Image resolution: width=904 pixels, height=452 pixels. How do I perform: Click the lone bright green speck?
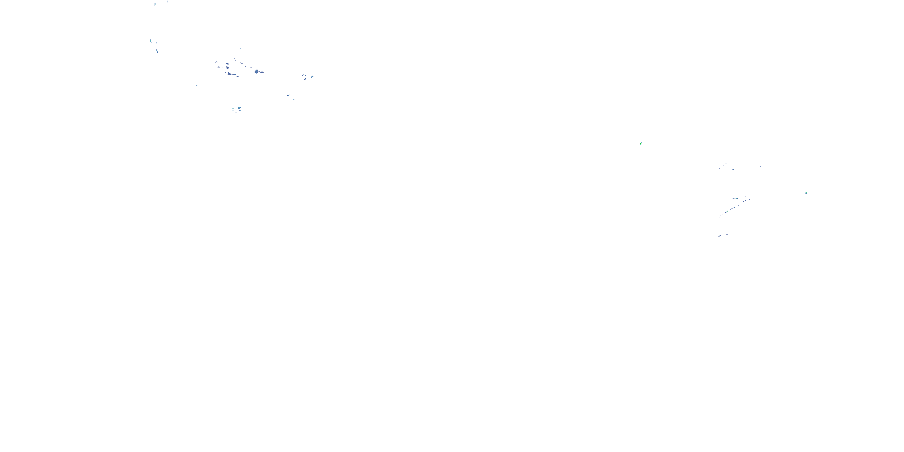click(641, 143)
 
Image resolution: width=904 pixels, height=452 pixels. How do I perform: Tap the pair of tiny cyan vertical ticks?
click(806, 192)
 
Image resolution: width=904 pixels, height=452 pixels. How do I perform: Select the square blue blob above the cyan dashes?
click(239, 108)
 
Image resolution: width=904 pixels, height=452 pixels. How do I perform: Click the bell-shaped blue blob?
click(256, 72)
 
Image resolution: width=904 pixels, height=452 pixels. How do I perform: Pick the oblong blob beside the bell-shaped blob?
click(262, 72)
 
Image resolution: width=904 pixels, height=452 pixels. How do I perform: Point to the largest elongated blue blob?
click(230, 74)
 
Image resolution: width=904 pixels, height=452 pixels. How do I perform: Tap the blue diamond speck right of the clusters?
click(312, 76)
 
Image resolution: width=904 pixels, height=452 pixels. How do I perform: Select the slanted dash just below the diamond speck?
click(305, 79)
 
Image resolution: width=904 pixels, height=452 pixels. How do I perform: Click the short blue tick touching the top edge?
click(168, 1)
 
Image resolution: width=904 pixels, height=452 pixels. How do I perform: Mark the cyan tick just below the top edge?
click(155, 5)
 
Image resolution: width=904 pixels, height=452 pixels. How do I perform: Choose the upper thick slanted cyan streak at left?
click(151, 41)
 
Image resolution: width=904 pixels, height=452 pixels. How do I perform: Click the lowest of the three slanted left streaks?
click(157, 51)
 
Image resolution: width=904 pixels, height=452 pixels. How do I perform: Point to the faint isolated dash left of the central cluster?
click(196, 85)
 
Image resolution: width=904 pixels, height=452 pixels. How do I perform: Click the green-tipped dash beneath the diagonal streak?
click(719, 236)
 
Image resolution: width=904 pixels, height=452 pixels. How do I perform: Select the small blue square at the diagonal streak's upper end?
click(750, 199)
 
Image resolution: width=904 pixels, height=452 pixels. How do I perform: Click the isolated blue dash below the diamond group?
click(288, 95)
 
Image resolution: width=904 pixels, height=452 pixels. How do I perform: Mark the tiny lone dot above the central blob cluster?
click(240, 49)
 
